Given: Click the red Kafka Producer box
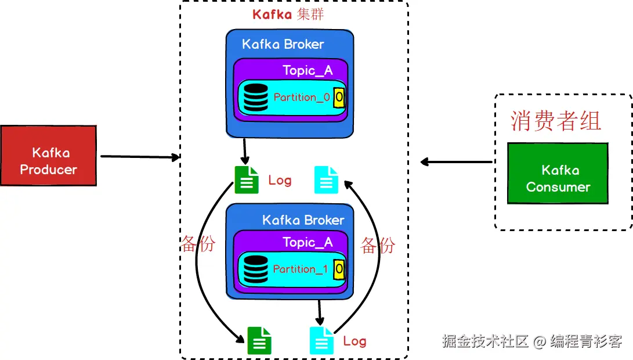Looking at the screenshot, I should [48, 156].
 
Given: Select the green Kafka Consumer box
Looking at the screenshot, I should [558, 173].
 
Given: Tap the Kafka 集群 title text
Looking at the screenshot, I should [288, 15].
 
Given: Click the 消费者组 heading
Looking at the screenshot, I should [555, 120].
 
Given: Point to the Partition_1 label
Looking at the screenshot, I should [301, 269].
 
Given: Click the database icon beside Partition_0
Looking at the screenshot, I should [256, 98].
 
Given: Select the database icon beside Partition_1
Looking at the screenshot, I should [256, 269].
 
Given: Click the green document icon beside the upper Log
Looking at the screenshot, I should [246, 179].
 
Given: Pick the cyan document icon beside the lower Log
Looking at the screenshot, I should [321, 340].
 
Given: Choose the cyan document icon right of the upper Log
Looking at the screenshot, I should [325, 179].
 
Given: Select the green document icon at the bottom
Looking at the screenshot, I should [259, 340].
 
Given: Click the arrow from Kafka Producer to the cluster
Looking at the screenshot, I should [139, 156].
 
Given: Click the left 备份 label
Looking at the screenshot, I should [198, 244].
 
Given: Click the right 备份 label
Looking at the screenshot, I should [378, 245].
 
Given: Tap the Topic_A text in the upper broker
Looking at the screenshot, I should [308, 70].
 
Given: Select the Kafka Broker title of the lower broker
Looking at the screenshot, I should [303, 220].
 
